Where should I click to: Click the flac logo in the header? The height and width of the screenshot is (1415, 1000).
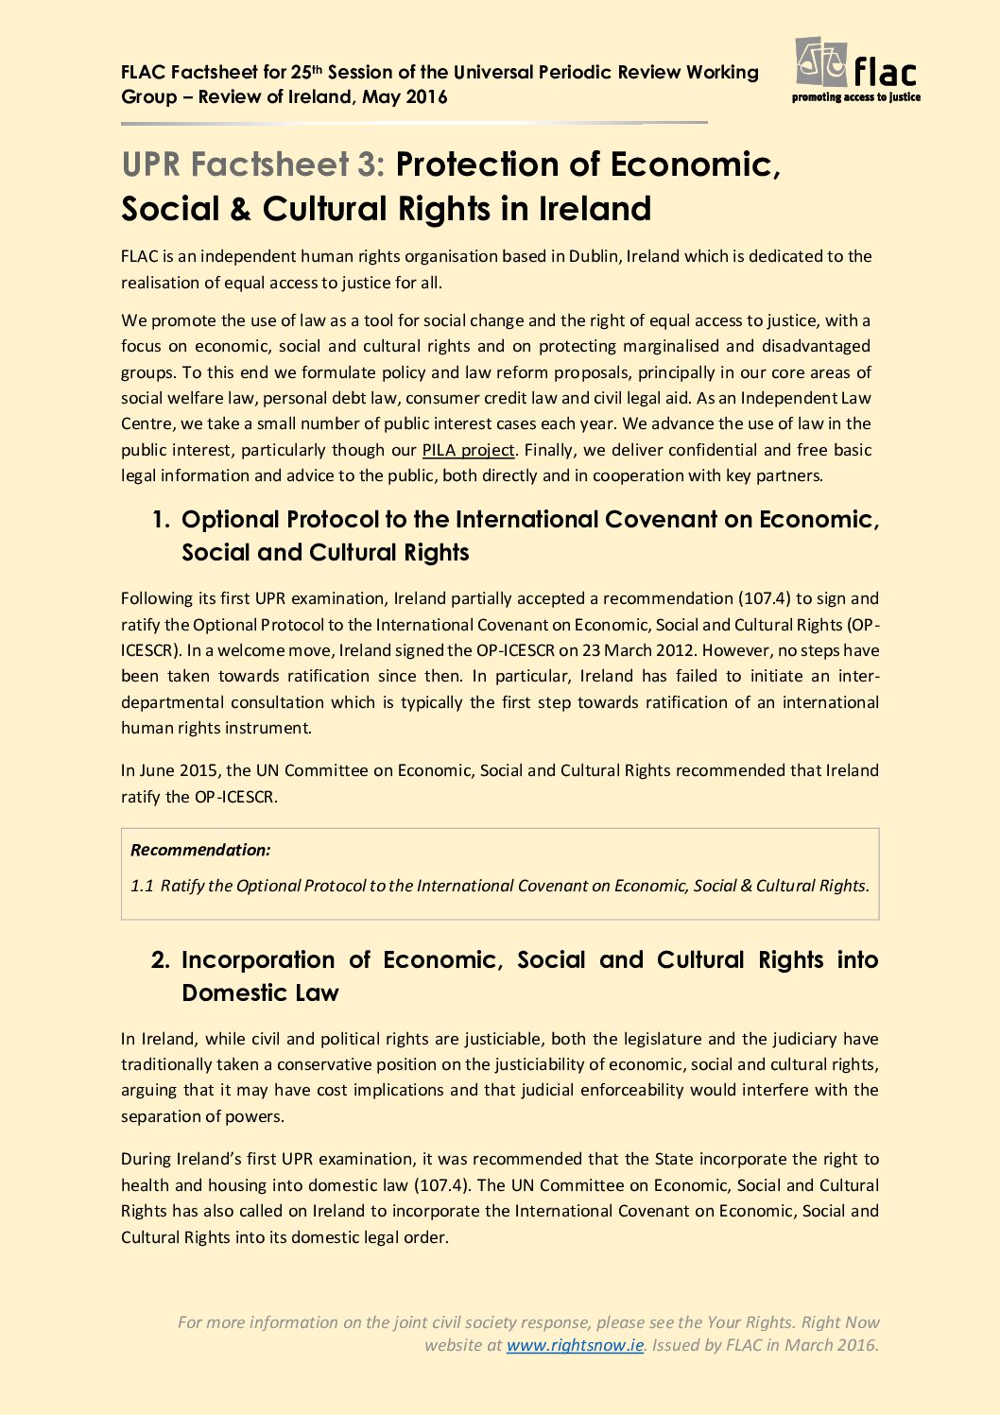855,64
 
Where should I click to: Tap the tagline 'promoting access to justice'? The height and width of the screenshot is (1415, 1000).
855,97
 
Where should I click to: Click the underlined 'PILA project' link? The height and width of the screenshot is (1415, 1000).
468,450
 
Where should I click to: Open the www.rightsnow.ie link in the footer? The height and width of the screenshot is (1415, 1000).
575,1345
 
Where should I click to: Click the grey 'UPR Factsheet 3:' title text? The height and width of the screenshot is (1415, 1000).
253,164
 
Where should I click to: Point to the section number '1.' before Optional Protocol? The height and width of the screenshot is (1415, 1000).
162,520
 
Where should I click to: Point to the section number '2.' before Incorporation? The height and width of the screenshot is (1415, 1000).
161,960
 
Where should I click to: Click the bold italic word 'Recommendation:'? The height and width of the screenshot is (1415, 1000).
200,850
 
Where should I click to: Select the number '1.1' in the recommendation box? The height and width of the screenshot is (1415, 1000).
142,886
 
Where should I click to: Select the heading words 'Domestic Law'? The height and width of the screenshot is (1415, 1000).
260,993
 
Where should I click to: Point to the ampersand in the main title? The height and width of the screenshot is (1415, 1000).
240,209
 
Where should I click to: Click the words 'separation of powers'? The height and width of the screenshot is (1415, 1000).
201,1116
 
